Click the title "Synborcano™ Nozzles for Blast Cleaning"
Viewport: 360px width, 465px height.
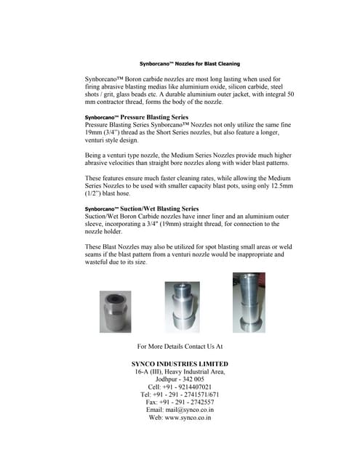[x=189, y=64]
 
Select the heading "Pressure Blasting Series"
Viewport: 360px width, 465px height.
[x=153, y=117]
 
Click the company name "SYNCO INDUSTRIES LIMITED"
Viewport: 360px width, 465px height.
[x=180, y=363]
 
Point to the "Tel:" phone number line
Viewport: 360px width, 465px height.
[x=180, y=395]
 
